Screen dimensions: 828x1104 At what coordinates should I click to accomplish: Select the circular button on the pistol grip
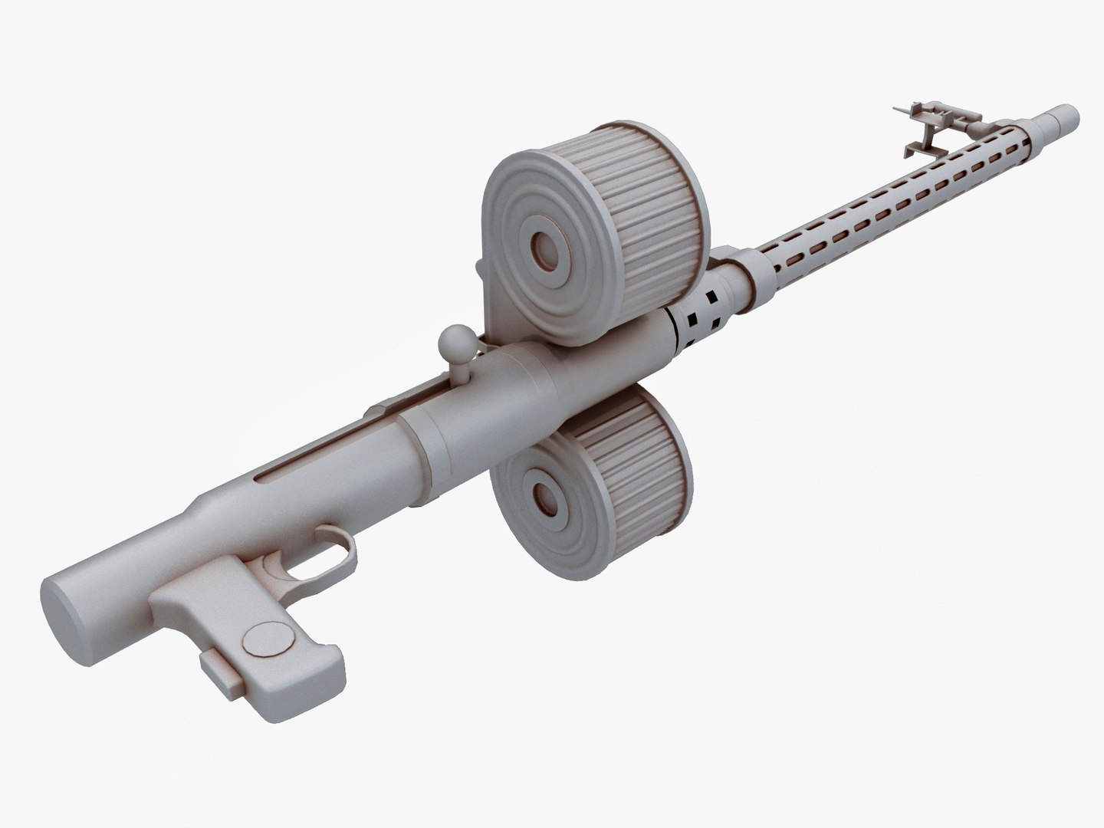(x=266, y=638)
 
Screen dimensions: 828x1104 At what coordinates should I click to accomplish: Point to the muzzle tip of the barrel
(x=1066, y=117)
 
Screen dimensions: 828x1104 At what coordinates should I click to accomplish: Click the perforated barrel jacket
(x=882, y=199)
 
